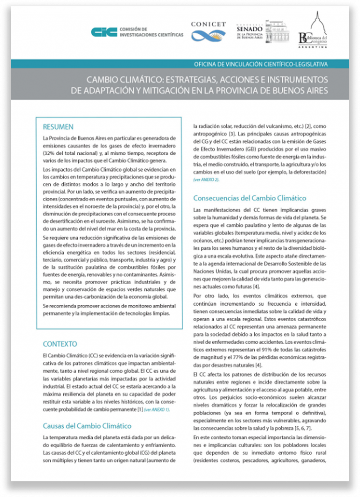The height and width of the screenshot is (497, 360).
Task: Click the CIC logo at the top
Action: (104, 32)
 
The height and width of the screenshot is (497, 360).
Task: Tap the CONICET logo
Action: (208, 31)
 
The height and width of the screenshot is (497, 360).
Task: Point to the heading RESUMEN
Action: (58, 127)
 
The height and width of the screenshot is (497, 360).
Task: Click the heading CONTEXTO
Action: (60, 344)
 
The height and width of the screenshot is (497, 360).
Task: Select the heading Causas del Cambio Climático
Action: (87, 426)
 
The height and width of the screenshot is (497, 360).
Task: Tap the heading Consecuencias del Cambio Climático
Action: (250, 198)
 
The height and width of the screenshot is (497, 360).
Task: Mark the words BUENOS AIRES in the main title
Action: (300, 90)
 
